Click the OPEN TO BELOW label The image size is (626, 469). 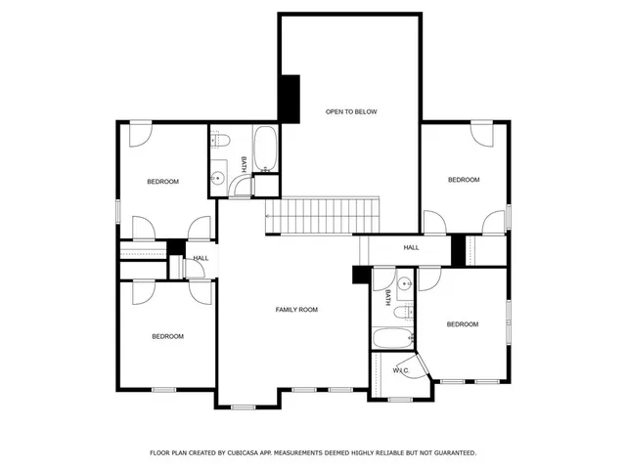click(x=350, y=112)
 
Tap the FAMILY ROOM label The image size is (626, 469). click(x=296, y=310)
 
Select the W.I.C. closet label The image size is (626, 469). click(x=401, y=371)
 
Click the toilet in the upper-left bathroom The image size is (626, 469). click(x=221, y=137)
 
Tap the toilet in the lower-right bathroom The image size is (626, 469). click(x=402, y=313)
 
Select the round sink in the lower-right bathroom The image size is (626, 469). click(x=406, y=283)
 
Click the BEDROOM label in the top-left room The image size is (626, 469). click(x=163, y=182)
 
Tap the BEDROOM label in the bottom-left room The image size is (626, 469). click(x=167, y=337)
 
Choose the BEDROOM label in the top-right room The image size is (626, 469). click(x=464, y=180)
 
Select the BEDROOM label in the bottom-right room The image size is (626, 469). click(x=462, y=324)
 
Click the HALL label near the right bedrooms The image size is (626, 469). click(x=411, y=248)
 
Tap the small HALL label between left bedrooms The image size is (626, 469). click(x=201, y=258)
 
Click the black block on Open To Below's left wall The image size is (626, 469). click(x=290, y=98)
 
